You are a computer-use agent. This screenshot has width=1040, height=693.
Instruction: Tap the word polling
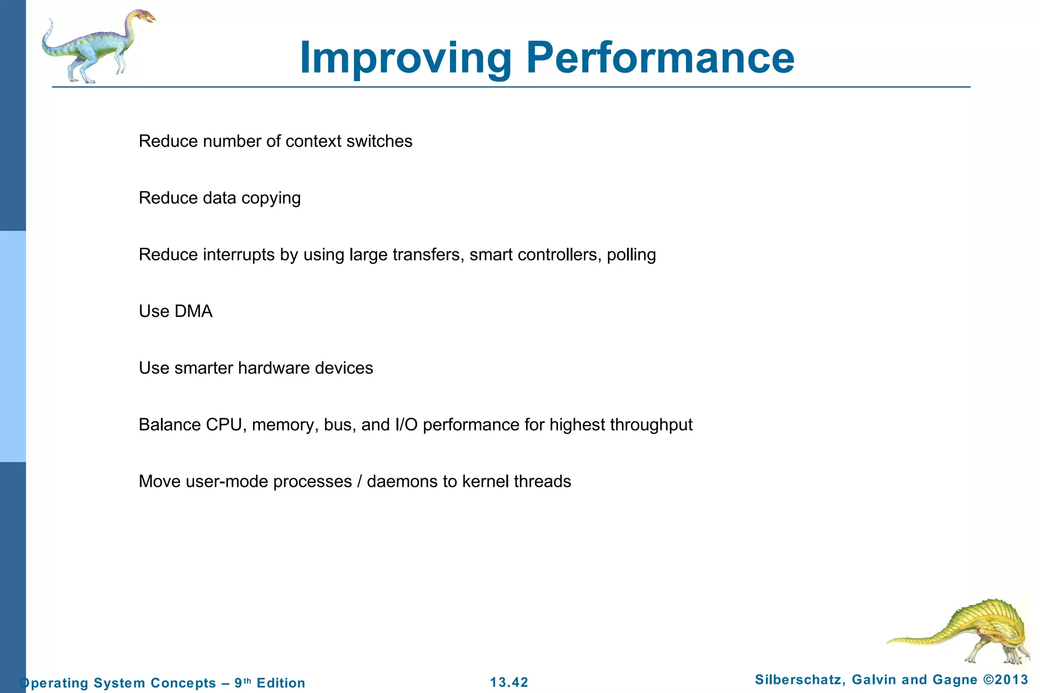tap(631, 255)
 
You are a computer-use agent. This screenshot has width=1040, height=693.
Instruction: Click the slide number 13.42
tap(509, 682)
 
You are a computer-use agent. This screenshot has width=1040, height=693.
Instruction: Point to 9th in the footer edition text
tap(242, 682)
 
